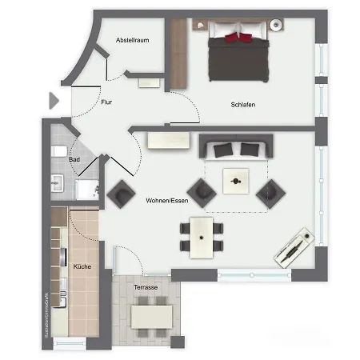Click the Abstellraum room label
[134, 39]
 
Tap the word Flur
[106, 102]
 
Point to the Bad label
[74, 160]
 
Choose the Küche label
[82, 267]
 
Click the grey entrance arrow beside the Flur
[54, 101]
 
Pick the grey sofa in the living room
[236, 147]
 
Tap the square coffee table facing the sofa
[236, 182]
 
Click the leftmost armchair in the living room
[122, 192]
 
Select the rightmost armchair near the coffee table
[270, 191]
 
